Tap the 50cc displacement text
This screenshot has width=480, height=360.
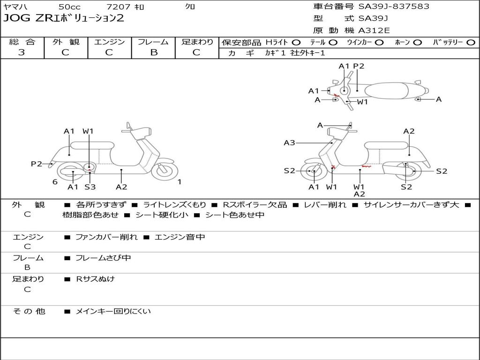click(69, 7)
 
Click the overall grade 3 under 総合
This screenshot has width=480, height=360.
click(22, 52)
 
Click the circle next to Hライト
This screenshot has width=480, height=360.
click(296, 43)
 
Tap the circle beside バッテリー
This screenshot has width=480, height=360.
click(471, 43)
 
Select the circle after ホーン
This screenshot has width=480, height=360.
click(417, 43)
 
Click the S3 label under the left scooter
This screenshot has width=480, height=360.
click(90, 187)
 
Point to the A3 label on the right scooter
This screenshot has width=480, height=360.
click(289, 143)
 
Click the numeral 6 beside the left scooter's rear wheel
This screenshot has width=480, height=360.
click(55, 182)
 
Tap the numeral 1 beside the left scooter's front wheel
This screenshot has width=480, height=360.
click(180, 182)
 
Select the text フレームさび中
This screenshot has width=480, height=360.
click(103, 258)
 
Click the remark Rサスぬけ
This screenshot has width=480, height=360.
click(96, 279)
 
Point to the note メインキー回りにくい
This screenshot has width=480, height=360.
click(113, 311)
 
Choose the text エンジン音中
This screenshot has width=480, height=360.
click(180, 237)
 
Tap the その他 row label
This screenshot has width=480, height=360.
click(29, 311)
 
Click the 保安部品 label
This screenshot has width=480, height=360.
click(241, 43)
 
